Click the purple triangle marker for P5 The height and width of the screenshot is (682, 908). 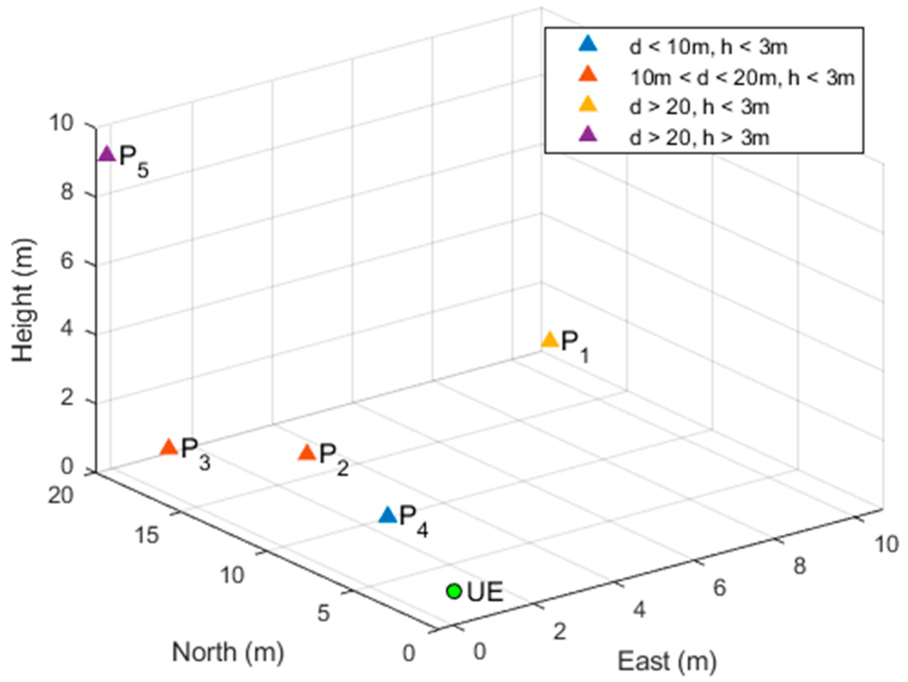(x=106, y=154)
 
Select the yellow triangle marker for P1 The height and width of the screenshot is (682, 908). (x=549, y=340)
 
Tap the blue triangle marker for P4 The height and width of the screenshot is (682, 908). (x=388, y=515)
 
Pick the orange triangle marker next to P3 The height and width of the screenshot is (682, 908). (x=169, y=447)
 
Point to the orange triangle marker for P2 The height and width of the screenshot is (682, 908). (x=307, y=453)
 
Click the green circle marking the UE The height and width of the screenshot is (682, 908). (x=454, y=591)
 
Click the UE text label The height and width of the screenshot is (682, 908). (x=485, y=592)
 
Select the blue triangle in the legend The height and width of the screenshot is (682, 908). (x=588, y=45)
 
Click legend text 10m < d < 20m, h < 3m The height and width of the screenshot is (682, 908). (x=742, y=78)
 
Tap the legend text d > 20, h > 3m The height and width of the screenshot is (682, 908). (x=699, y=138)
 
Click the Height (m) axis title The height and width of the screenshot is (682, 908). (x=23, y=299)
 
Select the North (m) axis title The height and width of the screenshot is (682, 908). (x=228, y=652)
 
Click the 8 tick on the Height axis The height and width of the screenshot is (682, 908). (x=67, y=191)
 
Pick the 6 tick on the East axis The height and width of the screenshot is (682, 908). (x=719, y=588)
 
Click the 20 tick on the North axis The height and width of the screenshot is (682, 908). (x=60, y=495)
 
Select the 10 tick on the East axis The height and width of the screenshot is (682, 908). (x=886, y=544)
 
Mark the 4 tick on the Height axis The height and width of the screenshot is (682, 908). (x=67, y=330)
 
